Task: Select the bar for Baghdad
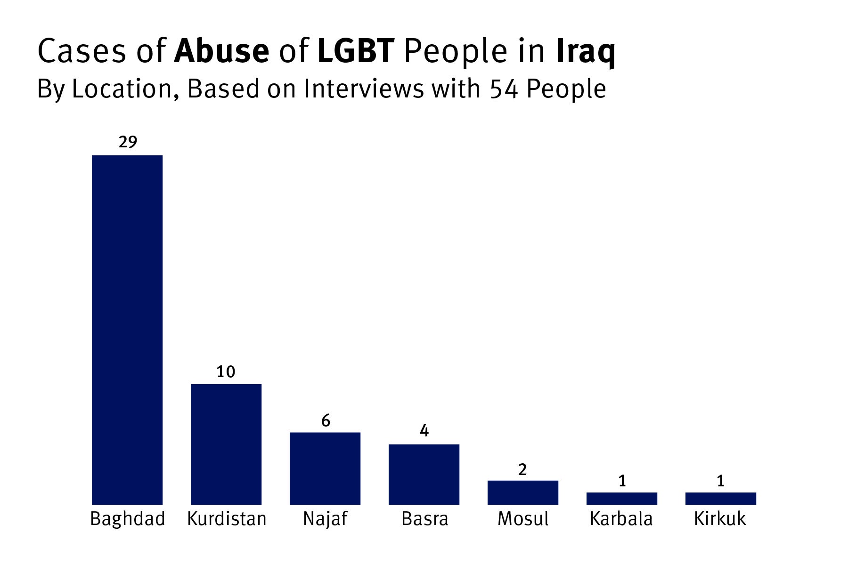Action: click(127, 330)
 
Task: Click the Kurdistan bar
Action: click(226, 444)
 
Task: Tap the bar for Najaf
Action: click(325, 468)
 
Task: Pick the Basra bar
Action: click(424, 474)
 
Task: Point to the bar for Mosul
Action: click(523, 492)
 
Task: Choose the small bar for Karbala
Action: click(622, 499)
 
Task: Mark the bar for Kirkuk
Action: click(721, 499)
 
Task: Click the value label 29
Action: click(128, 142)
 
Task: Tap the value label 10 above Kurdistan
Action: click(226, 372)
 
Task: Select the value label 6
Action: click(326, 420)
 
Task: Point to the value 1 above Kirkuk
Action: click(720, 481)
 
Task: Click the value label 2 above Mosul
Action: click(522, 469)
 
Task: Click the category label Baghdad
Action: click(128, 519)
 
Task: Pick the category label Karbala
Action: click(621, 519)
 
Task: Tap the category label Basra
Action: click(424, 519)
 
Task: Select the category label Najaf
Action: click(325, 519)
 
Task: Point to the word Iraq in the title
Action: click(586, 52)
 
